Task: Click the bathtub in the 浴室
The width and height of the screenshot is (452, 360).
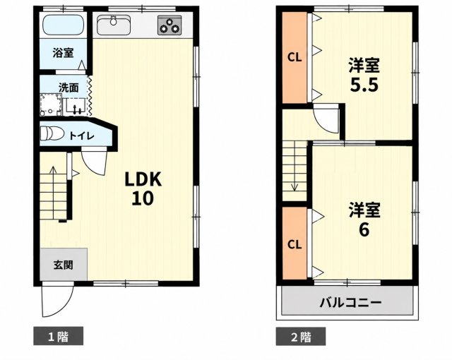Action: click(64, 25)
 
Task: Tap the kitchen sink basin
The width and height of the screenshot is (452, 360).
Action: click(114, 25)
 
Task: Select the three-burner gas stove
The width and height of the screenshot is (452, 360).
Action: click(169, 25)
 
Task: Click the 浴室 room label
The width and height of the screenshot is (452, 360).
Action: click(63, 53)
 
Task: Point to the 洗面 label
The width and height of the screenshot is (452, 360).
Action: click(69, 88)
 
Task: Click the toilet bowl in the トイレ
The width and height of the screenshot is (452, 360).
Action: click(52, 133)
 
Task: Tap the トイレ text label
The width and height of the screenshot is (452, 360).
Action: click(82, 136)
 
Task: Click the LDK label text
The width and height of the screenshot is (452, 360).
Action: click(143, 179)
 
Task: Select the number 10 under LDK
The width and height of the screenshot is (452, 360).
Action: click(143, 198)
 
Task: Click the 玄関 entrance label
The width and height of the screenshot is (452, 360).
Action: click(63, 265)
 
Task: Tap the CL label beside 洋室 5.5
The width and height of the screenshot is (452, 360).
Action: click(295, 58)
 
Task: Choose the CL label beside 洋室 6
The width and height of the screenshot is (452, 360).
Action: click(295, 245)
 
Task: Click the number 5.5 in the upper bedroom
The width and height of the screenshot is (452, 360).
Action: click(364, 85)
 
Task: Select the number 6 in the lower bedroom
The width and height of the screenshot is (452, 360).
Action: click(364, 229)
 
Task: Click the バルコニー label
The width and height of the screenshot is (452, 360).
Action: click(350, 303)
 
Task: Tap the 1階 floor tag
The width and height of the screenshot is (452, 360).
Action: click(58, 336)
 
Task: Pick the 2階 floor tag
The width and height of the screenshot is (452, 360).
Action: click(301, 336)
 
